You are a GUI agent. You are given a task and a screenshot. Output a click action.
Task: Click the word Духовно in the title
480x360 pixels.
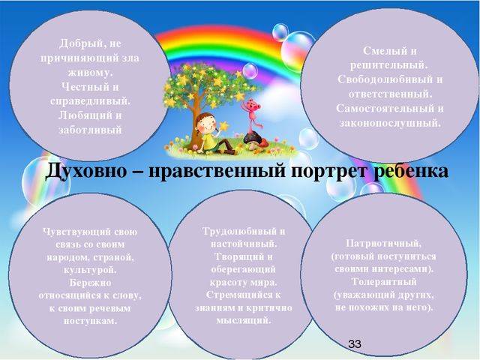85,170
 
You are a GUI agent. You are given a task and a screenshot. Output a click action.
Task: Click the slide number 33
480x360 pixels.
355,343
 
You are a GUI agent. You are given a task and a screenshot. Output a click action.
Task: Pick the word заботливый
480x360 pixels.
90,130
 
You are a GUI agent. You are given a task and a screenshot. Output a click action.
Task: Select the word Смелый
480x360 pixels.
382,51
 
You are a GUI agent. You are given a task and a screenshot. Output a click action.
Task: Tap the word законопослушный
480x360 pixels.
390,123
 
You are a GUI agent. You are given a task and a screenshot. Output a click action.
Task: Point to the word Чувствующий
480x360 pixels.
77,232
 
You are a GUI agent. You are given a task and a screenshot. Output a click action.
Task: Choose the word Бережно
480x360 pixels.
90,283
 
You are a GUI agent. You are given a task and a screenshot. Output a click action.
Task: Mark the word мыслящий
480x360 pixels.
243,320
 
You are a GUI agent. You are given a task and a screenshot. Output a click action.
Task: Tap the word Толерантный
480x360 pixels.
383,282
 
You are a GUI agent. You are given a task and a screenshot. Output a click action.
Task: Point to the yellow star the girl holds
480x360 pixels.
224,126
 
